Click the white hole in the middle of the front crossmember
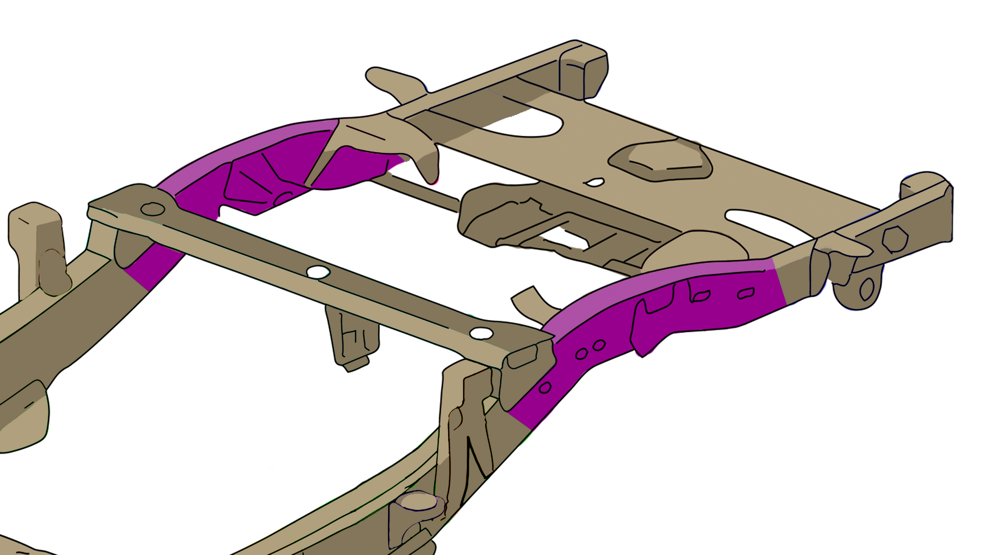pyautogui.click(x=318, y=272)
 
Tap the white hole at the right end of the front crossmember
pyautogui.click(x=481, y=333)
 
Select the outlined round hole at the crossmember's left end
pyautogui.click(x=153, y=209)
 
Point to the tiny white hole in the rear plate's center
pyautogui.click(x=595, y=183)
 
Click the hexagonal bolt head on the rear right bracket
pyautogui.click(x=895, y=238)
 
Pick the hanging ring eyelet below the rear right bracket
pyautogui.click(x=866, y=289)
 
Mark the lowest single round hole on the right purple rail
pyautogui.click(x=545, y=387)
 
